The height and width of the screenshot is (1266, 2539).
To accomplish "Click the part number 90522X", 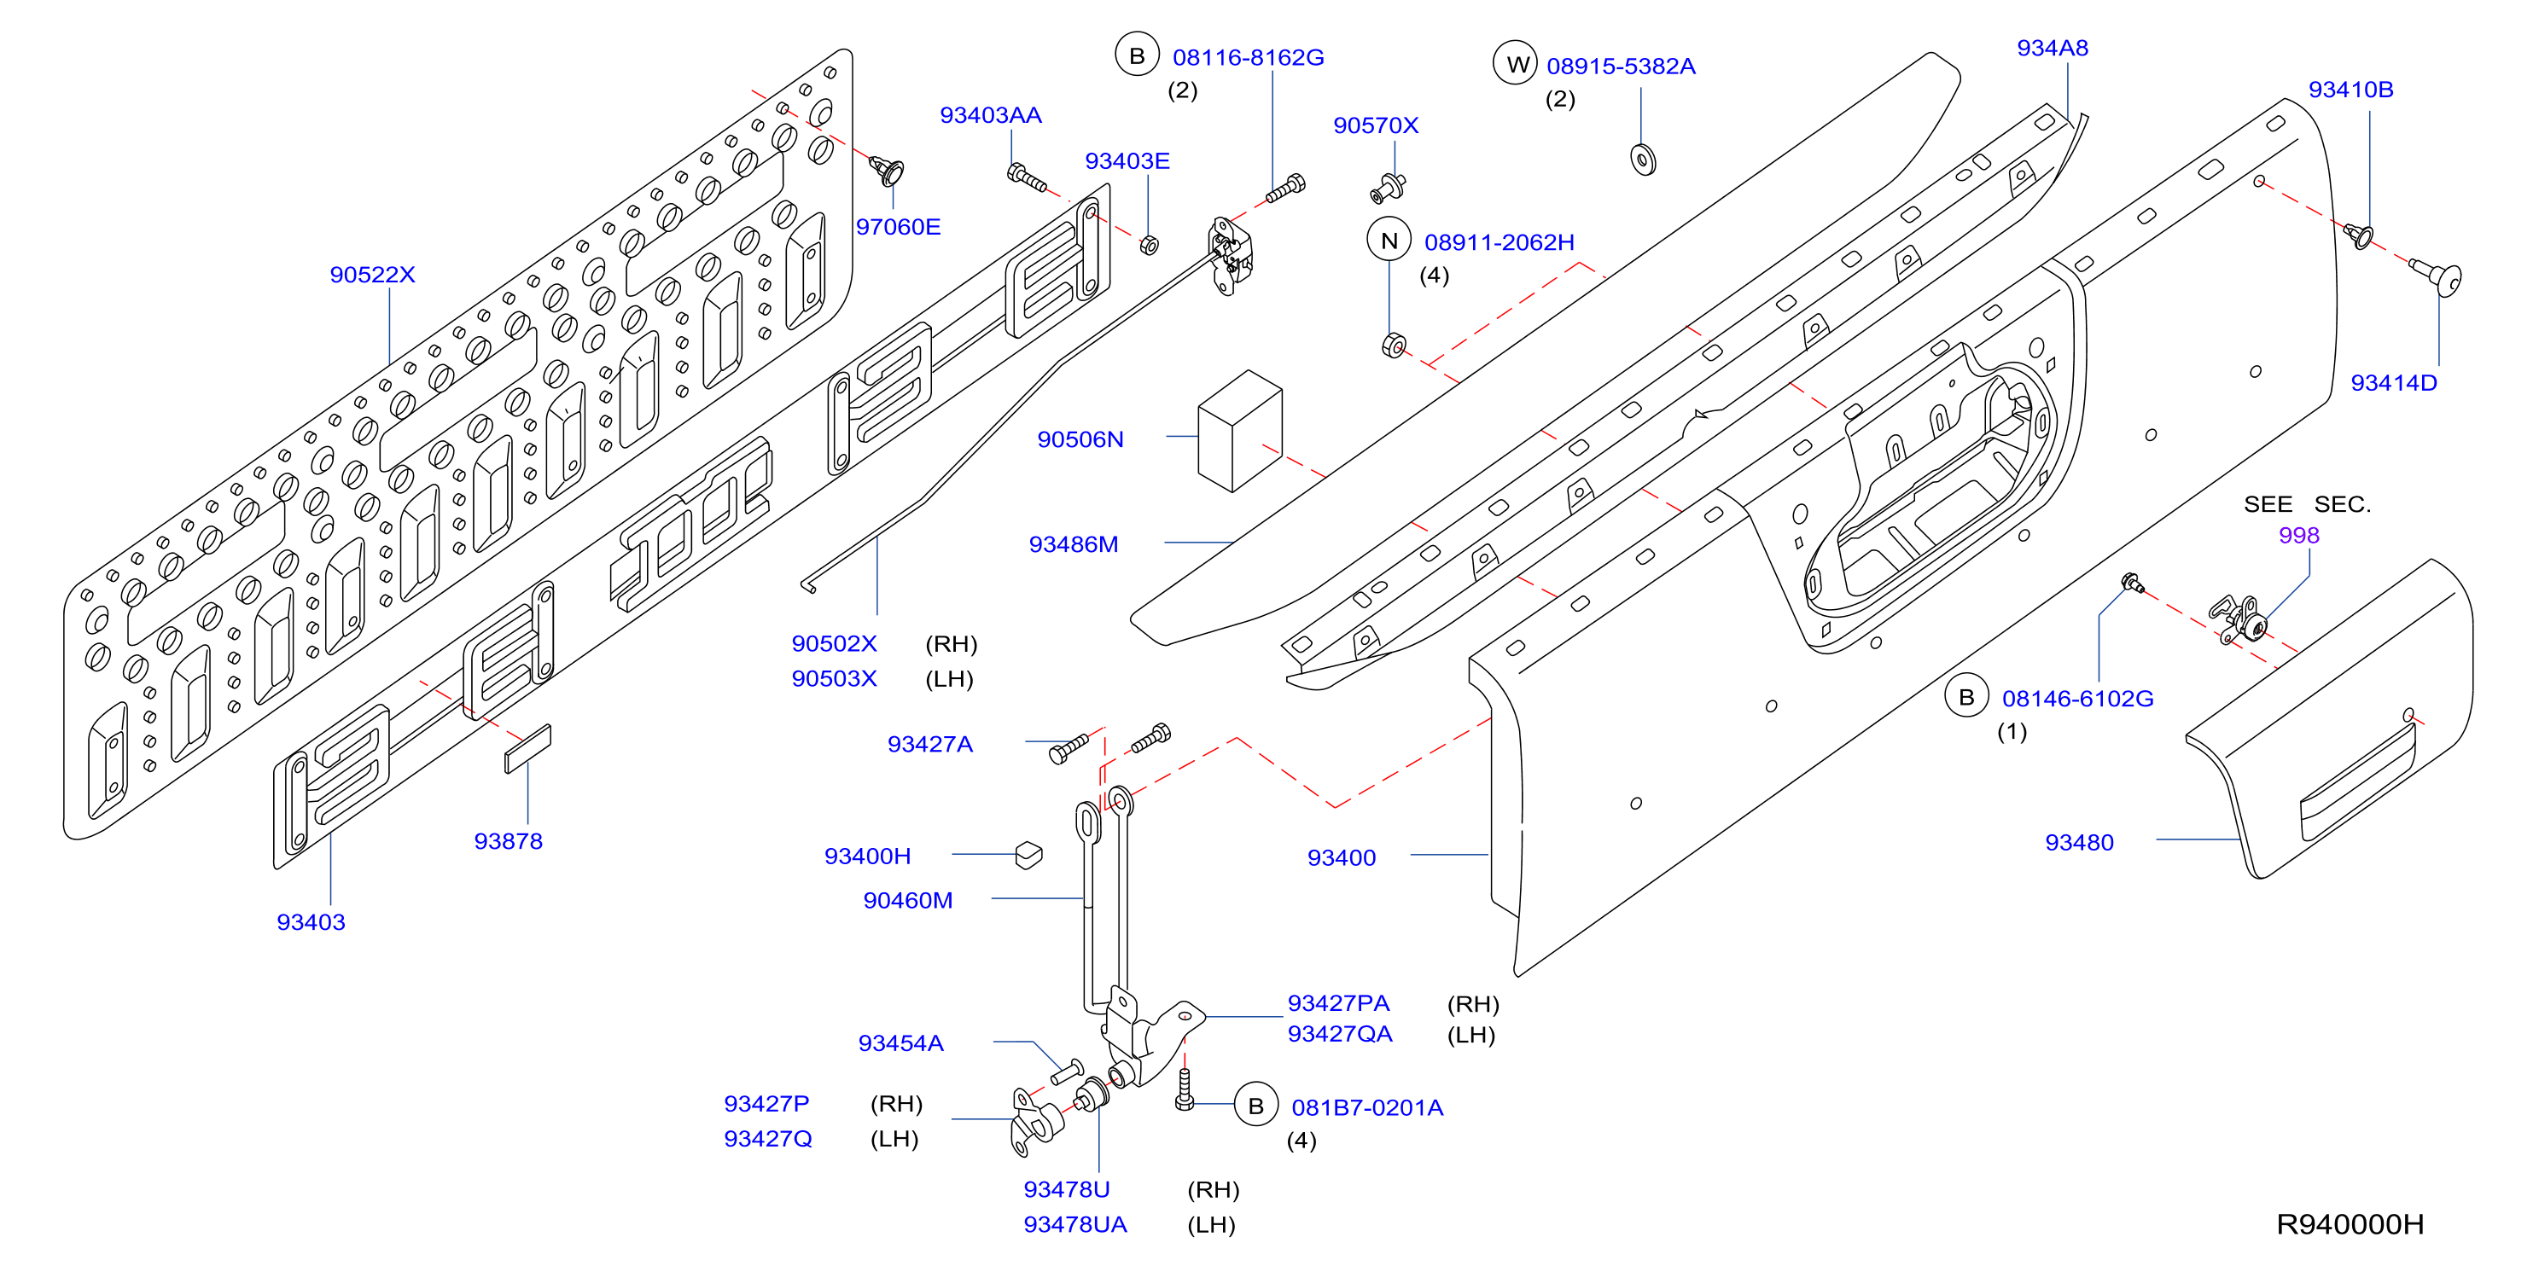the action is click(373, 275).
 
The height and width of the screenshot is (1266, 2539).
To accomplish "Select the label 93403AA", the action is click(991, 115).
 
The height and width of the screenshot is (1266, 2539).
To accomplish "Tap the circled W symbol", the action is click(1516, 64).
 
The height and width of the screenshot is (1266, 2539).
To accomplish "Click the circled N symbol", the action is click(1389, 241).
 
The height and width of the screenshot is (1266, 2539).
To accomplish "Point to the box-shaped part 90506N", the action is click(1240, 431).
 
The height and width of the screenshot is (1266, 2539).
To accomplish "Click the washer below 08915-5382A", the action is click(1643, 159).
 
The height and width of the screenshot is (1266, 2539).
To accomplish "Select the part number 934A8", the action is click(2052, 49).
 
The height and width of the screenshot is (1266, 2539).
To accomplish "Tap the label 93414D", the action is click(2393, 383).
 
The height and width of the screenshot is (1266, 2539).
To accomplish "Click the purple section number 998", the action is click(2298, 535).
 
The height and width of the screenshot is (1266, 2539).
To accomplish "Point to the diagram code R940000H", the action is click(2350, 1223).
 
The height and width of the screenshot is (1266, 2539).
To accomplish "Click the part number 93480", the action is click(2080, 842).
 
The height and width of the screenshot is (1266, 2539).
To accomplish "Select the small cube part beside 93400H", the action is click(1029, 854).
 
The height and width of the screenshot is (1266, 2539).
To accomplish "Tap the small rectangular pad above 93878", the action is click(527, 750).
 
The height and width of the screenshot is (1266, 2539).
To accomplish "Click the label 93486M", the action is click(1074, 543).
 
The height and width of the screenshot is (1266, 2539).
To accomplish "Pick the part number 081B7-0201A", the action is click(1367, 1107).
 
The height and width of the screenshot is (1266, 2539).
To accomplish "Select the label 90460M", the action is click(908, 901).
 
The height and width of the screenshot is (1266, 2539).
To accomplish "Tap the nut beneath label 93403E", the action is click(1150, 243).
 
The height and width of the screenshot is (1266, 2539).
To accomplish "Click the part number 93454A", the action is click(901, 1043).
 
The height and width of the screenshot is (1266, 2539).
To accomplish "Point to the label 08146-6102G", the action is click(2078, 699).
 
